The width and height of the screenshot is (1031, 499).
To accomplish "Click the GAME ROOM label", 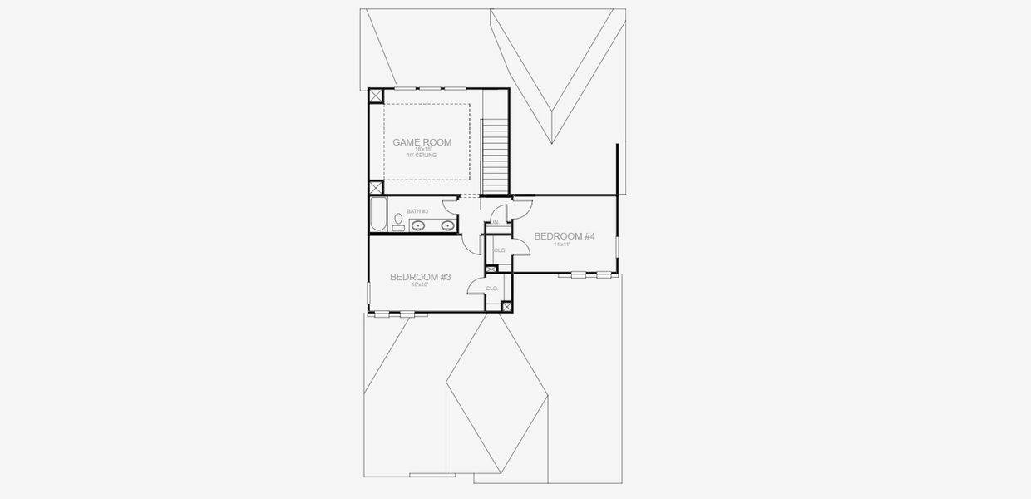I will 422,142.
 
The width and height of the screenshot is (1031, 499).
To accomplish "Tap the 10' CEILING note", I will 422,156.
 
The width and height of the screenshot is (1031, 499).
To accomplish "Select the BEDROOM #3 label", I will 421,277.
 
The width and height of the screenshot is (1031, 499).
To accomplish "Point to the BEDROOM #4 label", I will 565,236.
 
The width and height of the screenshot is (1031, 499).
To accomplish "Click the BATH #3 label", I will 417,212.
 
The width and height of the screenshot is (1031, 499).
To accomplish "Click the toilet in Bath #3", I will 399,221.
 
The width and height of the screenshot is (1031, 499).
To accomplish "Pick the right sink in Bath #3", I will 447,225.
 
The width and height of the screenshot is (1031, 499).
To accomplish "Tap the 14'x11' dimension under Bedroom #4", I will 565,245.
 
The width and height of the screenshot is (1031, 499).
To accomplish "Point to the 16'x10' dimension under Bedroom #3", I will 421,285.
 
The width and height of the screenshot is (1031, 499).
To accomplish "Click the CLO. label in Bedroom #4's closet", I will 501,249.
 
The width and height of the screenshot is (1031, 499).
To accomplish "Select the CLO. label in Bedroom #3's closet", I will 492,289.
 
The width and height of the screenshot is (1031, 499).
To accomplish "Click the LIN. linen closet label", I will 495,223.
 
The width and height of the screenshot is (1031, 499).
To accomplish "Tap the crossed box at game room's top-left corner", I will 376,95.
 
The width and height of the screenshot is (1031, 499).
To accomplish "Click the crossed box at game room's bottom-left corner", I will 376,188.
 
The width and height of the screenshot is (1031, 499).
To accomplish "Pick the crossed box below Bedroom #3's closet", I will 507,307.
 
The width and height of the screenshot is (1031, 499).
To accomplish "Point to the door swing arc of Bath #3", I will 450,200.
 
